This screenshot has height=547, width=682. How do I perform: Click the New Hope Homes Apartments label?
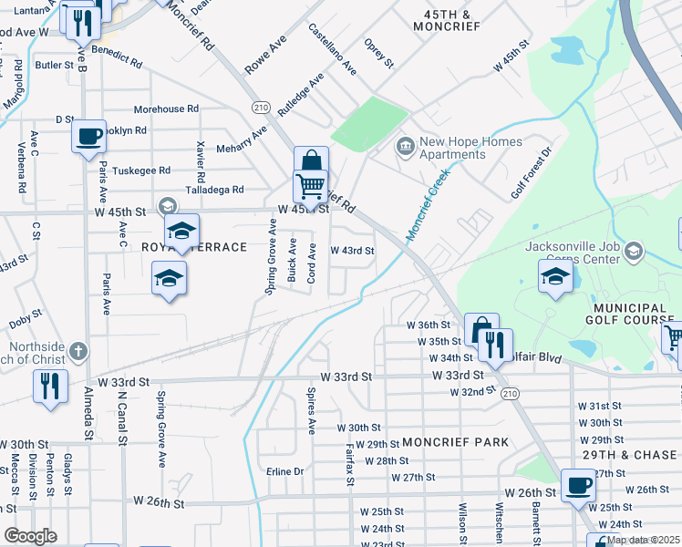(x=470, y=148)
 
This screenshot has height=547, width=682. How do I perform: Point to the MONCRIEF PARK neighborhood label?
(x=454, y=442)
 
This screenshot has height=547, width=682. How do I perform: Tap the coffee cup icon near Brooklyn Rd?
(x=88, y=137)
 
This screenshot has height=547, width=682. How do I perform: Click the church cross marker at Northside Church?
(x=79, y=350)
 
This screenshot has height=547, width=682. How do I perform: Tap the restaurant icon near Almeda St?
(x=50, y=385)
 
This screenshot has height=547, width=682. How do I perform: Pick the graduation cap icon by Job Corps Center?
(x=554, y=276)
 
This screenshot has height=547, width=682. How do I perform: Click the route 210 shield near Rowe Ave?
(x=262, y=108)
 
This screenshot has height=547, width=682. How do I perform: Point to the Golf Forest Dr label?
(x=532, y=173)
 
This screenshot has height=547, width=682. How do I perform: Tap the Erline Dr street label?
(x=284, y=471)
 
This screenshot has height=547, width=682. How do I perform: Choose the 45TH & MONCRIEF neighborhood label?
(x=447, y=21)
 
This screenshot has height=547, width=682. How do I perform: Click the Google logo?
(x=31, y=536)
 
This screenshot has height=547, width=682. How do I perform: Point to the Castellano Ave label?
(x=330, y=51)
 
